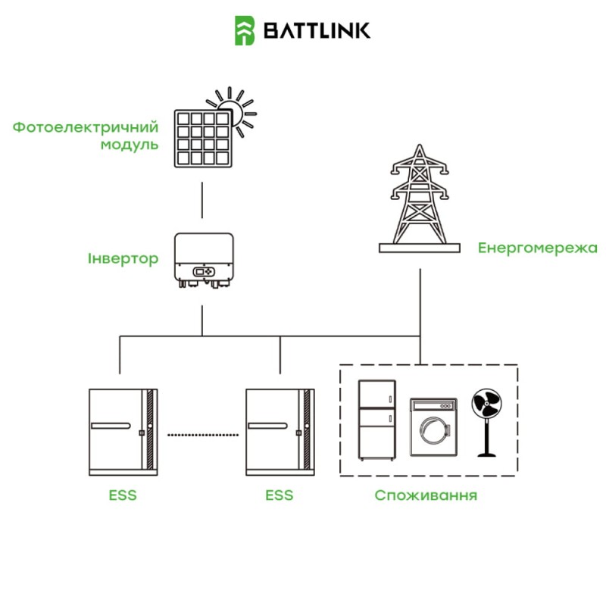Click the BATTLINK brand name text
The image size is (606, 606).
[x=317, y=30]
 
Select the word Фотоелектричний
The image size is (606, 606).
[x=86, y=127]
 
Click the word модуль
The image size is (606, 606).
[x=130, y=144]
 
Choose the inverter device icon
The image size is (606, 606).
[x=202, y=261]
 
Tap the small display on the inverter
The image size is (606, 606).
[x=202, y=270]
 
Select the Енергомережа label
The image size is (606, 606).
[x=538, y=248]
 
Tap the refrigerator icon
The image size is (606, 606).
[x=377, y=420]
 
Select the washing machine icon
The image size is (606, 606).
[x=433, y=427]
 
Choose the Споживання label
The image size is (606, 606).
[x=426, y=496]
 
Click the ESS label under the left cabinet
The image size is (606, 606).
[x=122, y=496]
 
